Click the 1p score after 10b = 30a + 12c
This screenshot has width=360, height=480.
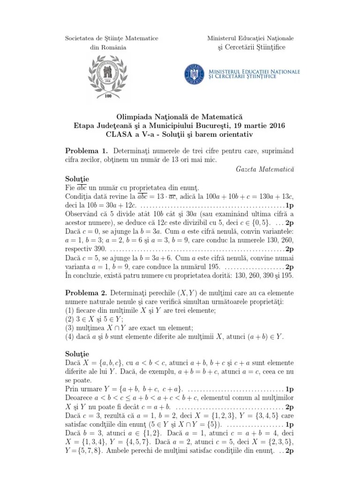click(290, 205)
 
